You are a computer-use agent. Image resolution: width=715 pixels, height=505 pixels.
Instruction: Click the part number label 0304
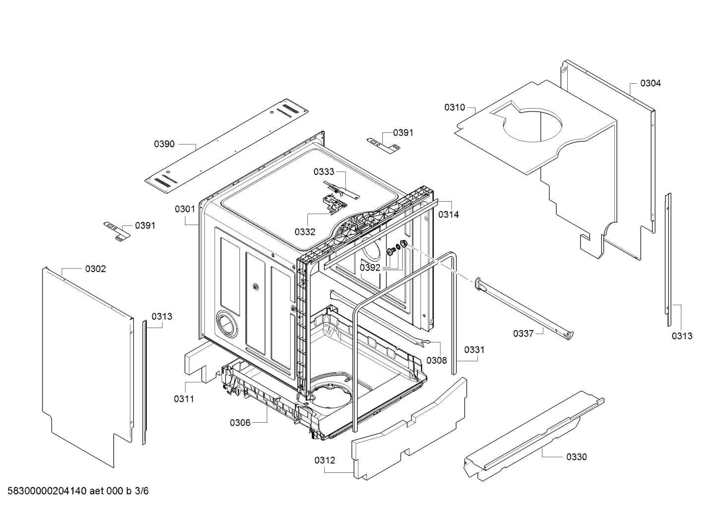650,83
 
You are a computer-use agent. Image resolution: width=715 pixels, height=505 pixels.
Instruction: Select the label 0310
455,107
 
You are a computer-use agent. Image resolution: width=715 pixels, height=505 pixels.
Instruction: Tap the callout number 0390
164,144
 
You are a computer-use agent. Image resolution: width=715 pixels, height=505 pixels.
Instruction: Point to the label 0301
184,209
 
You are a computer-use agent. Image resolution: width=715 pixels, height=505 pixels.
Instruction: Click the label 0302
95,269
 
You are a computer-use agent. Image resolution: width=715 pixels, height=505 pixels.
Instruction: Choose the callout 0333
324,171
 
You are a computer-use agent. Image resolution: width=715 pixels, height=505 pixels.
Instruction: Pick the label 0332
304,231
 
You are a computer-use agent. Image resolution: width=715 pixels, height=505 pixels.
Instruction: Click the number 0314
448,215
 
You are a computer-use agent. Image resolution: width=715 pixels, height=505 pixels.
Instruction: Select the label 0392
370,268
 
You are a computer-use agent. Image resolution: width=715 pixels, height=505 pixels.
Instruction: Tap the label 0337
523,334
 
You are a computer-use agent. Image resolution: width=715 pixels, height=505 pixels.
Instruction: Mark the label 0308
436,360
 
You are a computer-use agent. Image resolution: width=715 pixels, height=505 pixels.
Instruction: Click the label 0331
474,350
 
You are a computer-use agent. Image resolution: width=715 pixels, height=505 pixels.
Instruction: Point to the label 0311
184,398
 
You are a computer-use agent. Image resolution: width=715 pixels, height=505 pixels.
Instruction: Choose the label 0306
240,423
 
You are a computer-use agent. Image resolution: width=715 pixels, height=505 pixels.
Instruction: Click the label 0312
324,460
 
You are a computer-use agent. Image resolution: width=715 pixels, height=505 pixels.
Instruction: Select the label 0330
576,456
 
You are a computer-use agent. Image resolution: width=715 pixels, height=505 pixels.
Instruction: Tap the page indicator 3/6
141,491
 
